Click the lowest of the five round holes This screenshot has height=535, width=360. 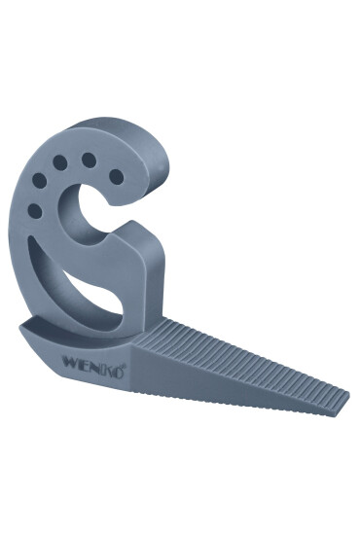pyautogui.click(x=34, y=211)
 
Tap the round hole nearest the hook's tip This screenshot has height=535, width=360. pyautogui.click(x=117, y=177)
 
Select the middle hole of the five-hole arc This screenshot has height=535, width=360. pyautogui.click(x=60, y=162)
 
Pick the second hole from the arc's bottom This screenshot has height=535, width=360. pyautogui.click(x=39, y=181)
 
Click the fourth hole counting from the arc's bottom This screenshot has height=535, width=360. pyautogui.click(x=89, y=160)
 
